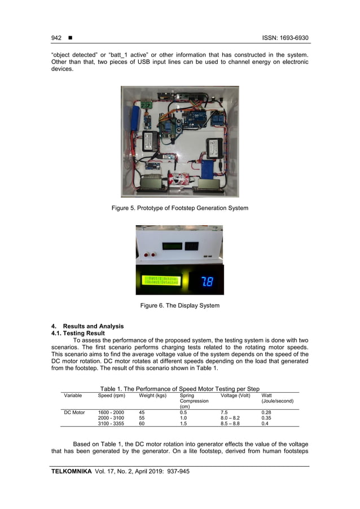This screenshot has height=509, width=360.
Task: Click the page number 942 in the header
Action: [56, 38]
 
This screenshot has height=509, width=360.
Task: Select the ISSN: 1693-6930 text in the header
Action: [285, 38]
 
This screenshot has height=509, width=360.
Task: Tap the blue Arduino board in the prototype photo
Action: [191, 120]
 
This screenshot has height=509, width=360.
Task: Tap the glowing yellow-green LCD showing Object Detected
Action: [161, 280]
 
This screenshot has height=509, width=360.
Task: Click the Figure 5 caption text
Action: [179, 208]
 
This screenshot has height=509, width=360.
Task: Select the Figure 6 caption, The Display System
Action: [179, 306]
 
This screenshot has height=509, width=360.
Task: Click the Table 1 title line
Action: [179, 389]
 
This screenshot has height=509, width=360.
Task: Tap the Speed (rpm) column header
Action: [111, 396]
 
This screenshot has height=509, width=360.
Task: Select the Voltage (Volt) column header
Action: [235, 396]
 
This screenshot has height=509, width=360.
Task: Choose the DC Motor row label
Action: [74, 413]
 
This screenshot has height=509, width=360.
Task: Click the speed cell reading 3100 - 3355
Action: [111, 423]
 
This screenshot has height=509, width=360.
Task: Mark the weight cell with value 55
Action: [142, 418]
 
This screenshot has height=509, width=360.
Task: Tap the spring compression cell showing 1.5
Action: [183, 423]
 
